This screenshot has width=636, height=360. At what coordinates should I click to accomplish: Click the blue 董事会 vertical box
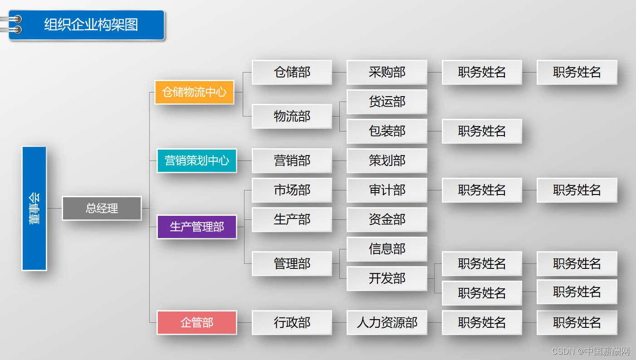pos(34,208)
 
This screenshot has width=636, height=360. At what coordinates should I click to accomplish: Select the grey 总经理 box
pos(102,208)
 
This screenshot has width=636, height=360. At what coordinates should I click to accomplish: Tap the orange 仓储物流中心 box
pos(194,92)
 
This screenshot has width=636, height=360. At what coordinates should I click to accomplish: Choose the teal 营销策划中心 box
pos(196,161)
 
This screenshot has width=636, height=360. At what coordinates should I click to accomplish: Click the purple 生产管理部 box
pos(196,227)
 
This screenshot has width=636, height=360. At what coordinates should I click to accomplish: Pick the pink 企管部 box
pos(196,322)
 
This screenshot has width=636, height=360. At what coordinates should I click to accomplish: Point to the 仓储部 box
pos(292,72)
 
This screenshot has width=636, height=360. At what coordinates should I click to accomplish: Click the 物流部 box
pos(292,116)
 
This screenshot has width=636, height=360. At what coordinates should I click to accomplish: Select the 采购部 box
pos(386,72)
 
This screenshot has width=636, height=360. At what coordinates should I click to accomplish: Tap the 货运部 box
pos(386,102)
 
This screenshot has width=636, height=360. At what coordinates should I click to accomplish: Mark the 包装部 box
pos(386,131)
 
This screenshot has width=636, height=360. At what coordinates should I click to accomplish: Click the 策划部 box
pos(386,161)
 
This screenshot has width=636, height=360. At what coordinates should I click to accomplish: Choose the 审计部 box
pos(386,190)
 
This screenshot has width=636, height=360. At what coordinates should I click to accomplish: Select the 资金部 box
pos(386,219)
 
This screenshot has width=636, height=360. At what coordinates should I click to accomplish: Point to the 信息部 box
pos(386,249)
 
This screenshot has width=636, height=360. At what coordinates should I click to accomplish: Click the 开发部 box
pos(386,278)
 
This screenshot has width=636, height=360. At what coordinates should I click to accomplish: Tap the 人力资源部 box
pos(386,322)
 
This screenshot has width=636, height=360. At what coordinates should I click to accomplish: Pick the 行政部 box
pos(292,322)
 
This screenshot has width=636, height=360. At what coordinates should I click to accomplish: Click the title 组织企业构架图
pos(91,24)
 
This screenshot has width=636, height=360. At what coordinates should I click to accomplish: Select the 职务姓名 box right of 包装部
pos(482,131)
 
